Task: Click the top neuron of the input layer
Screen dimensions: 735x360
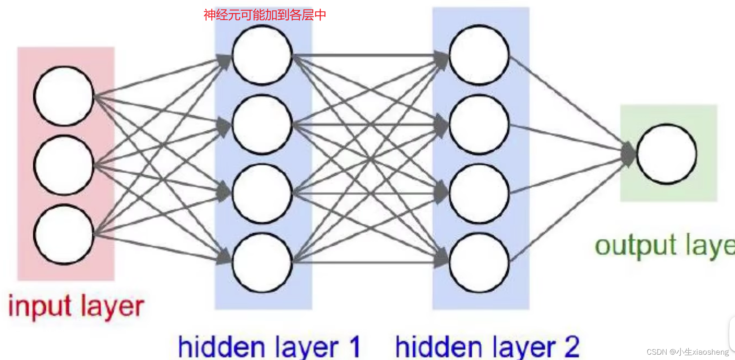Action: coord(64,96)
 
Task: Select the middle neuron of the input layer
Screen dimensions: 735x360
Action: coord(64,165)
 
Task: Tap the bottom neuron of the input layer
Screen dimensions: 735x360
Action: coord(64,234)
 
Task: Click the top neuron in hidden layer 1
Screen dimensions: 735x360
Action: coord(262,55)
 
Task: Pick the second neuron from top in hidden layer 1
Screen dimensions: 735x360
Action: coord(262,124)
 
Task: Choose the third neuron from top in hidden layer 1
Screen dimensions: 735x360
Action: coord(262,193)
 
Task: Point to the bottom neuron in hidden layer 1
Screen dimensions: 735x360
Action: coord(262,263)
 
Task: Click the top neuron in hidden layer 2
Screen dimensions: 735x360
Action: coord(479,55)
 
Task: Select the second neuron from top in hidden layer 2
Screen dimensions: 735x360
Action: coord(479,124)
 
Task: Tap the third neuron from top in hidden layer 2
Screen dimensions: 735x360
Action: coord(479,193)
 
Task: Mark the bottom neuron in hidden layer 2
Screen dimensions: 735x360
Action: coord(479,263)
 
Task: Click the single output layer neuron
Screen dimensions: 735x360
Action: coord(667,154)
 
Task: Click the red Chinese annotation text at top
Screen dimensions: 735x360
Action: coord(265,15)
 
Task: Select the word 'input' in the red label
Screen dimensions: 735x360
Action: coord(40,307)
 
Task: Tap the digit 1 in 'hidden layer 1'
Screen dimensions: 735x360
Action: coord(354,347)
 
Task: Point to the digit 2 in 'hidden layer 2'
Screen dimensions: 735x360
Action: coord(572,347)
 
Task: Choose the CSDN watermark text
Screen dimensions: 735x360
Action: coord(688,352)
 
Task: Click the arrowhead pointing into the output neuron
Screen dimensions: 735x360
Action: coord(628,154)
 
